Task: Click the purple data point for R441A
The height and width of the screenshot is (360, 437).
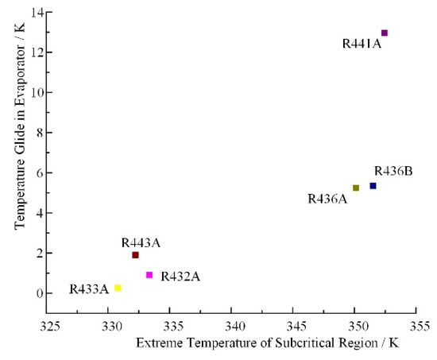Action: tap(385, 33)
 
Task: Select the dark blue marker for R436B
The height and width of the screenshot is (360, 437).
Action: tap(373, 186)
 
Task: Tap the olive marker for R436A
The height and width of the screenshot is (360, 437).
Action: tap(356, 188)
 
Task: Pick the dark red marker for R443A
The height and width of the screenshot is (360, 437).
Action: tap(136, 255)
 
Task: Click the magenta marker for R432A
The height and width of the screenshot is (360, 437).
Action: tap(149, 275)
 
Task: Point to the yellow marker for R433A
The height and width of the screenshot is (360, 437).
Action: tap(118, 288)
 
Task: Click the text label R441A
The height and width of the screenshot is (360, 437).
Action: tap(362, 45)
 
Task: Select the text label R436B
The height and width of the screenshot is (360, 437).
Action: tap(393, 171)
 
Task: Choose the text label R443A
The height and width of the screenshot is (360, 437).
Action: tap(141, 242)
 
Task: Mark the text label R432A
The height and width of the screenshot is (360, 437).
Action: tap(180, 277)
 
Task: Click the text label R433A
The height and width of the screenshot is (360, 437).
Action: tap(89, 289)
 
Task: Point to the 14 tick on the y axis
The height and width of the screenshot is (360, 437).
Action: tap(37, 12)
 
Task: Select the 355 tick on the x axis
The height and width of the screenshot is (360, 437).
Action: tap(419, 326)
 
